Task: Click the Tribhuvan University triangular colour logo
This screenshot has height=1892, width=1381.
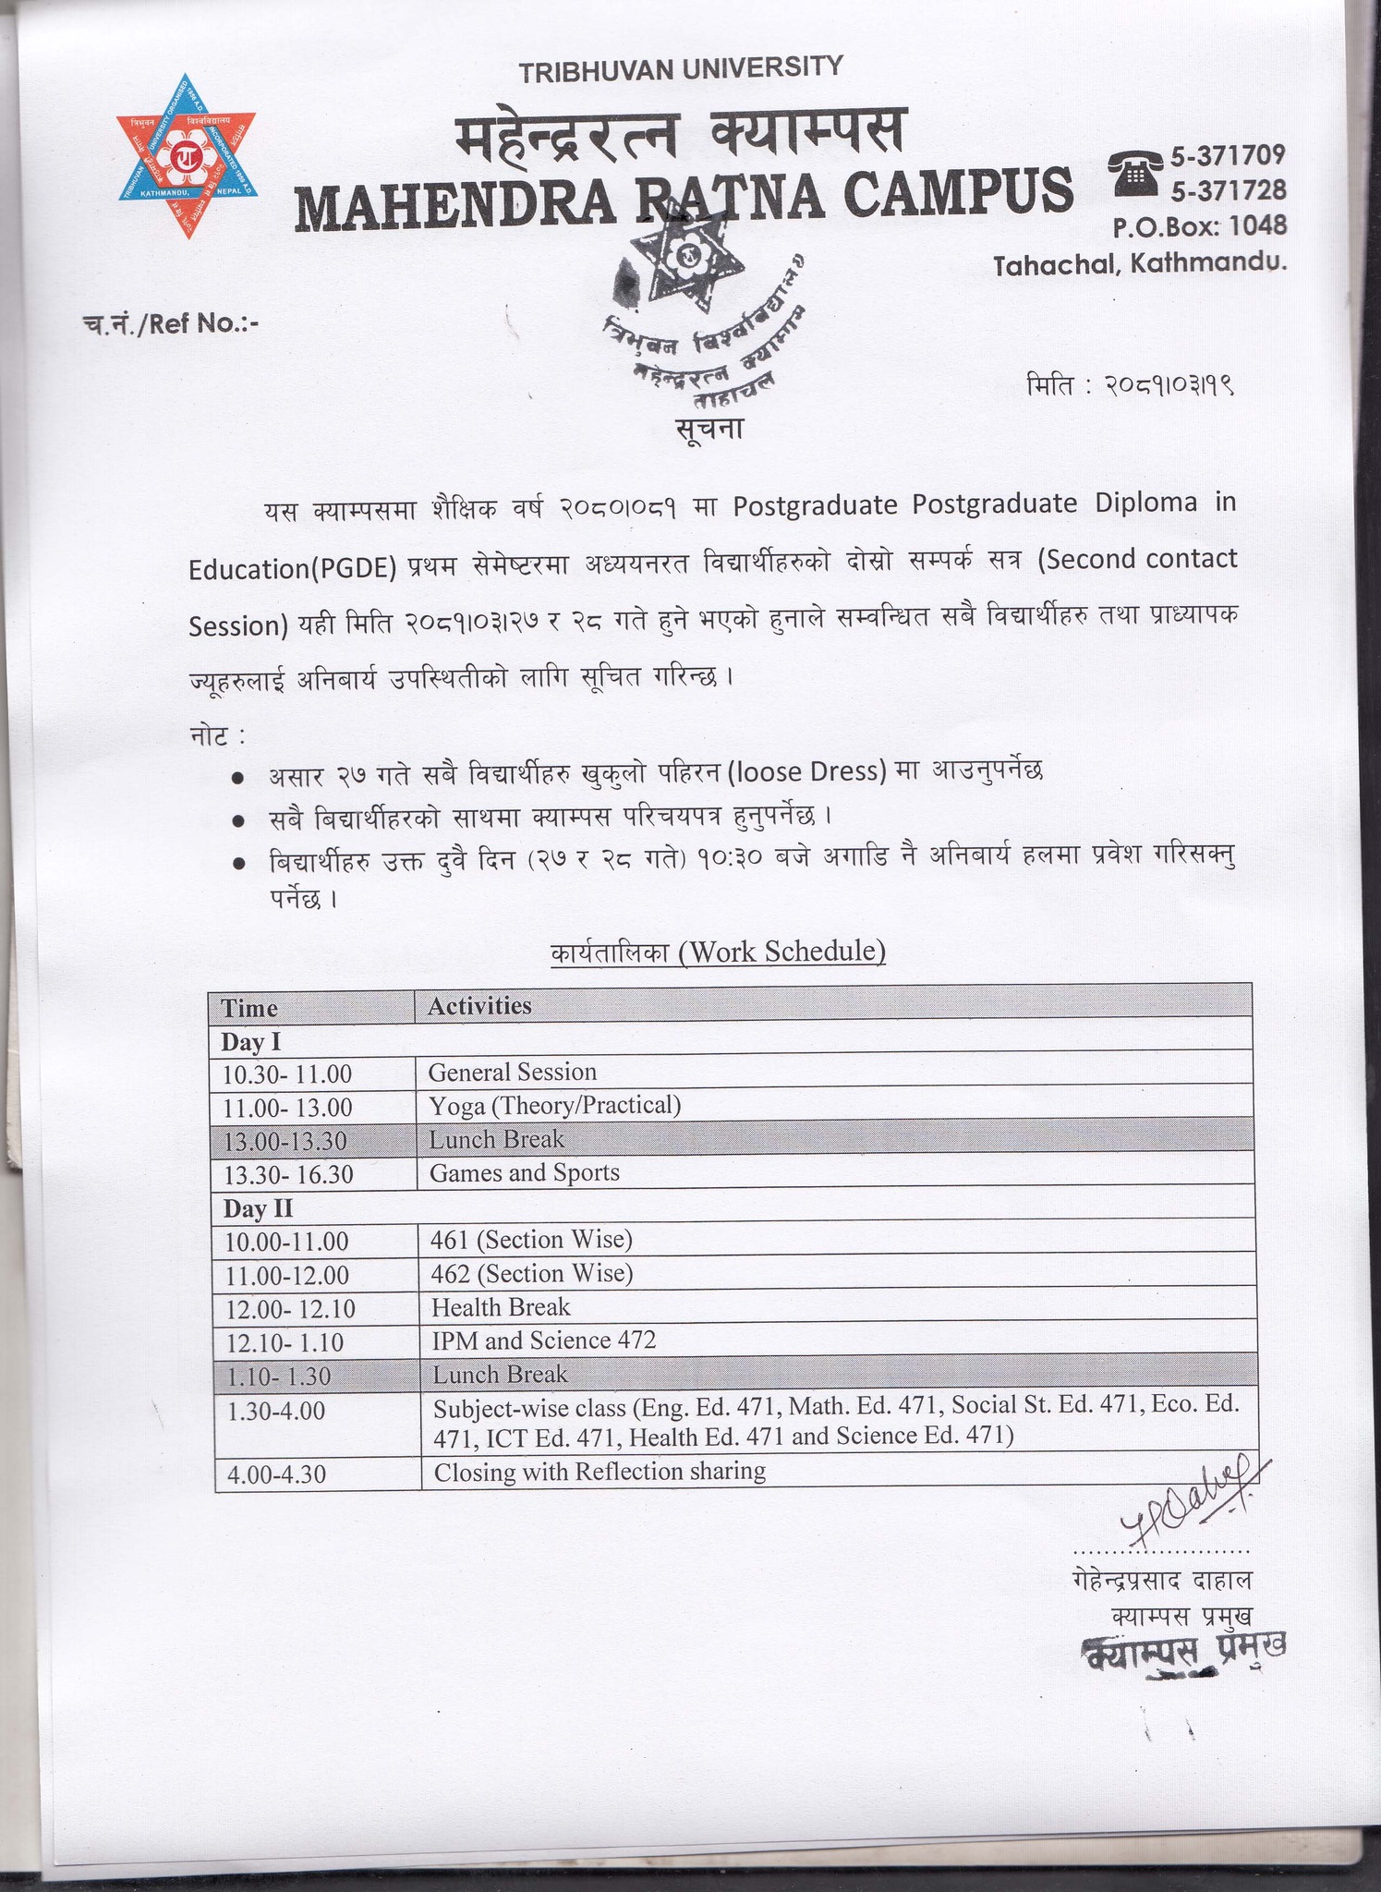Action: (x=187, y=154)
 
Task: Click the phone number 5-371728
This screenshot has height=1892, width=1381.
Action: (x=1228, y=190)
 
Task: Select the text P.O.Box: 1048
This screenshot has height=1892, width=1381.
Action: (x=1199, y=225)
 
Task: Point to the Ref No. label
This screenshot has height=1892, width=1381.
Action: (x=172, y=323)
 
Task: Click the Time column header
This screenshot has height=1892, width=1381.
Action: (x=249, y=1008)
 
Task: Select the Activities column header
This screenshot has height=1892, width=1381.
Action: (x=479, y=1005)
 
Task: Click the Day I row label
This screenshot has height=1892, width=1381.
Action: (x=250, y=1042)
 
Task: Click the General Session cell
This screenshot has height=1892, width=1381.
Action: (x=513, y=1072)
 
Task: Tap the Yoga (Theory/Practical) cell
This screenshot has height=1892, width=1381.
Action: (x=554, y=1105)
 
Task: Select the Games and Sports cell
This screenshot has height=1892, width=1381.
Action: (x=524, y=1172)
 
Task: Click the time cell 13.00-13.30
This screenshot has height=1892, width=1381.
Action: (x=285, y=1141)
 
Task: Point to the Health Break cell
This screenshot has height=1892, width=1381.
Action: (x=501, y=1307)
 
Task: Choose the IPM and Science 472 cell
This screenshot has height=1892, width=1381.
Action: (x=543, y=1340)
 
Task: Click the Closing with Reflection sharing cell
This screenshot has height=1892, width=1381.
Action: (x=600, y=1472)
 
